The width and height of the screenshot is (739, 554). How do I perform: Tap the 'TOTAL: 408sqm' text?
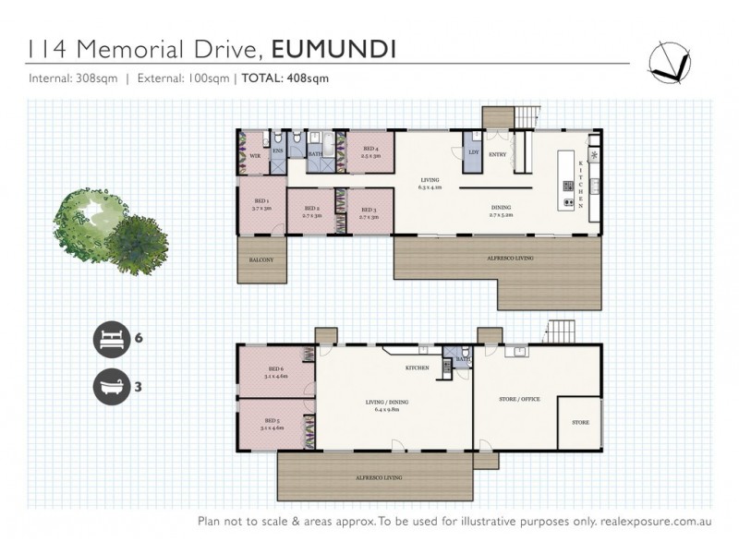[285, 78]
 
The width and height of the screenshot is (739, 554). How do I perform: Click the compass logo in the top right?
[671, 61]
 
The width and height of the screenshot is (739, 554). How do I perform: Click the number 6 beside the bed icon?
[139, 339]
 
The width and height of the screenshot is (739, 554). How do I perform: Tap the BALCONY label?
[261, 260]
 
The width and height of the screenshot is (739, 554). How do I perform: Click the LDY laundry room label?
[473, 151]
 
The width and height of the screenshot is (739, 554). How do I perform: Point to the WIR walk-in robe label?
[254, 157]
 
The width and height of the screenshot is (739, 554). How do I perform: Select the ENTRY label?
[497, 154]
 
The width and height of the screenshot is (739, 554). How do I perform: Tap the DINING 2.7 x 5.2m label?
[502, 210]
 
